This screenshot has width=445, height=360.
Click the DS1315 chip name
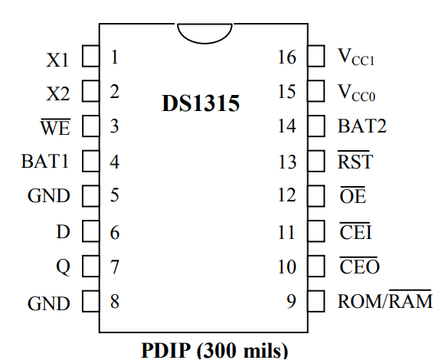coord(201,103)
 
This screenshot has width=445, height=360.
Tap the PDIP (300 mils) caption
coord(214,350)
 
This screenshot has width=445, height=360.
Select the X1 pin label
coord(57,60)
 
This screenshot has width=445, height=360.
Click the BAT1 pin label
coord(45,162)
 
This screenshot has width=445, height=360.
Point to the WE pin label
coord(55,127)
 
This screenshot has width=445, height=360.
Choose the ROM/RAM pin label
coord(385,299)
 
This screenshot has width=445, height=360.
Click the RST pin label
coord(355,160)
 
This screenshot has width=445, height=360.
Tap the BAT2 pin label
coord(362,126)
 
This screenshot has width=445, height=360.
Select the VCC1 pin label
coord(356,57)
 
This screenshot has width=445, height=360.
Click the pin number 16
coord(287,57)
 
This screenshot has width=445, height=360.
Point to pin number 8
coord(115,301)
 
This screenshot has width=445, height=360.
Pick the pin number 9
coord(292,301)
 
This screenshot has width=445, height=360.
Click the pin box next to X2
coord(91,91)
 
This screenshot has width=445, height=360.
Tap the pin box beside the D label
coord(91,231)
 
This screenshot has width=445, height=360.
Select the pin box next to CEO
coord(316,266)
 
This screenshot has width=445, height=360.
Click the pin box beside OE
coord(316,196)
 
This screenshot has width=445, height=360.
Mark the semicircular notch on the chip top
coord(205,43)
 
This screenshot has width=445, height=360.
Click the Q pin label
coord(63,267)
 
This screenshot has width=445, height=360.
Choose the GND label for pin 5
coord(49,195)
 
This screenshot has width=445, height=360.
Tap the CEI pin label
coord(355,231)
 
